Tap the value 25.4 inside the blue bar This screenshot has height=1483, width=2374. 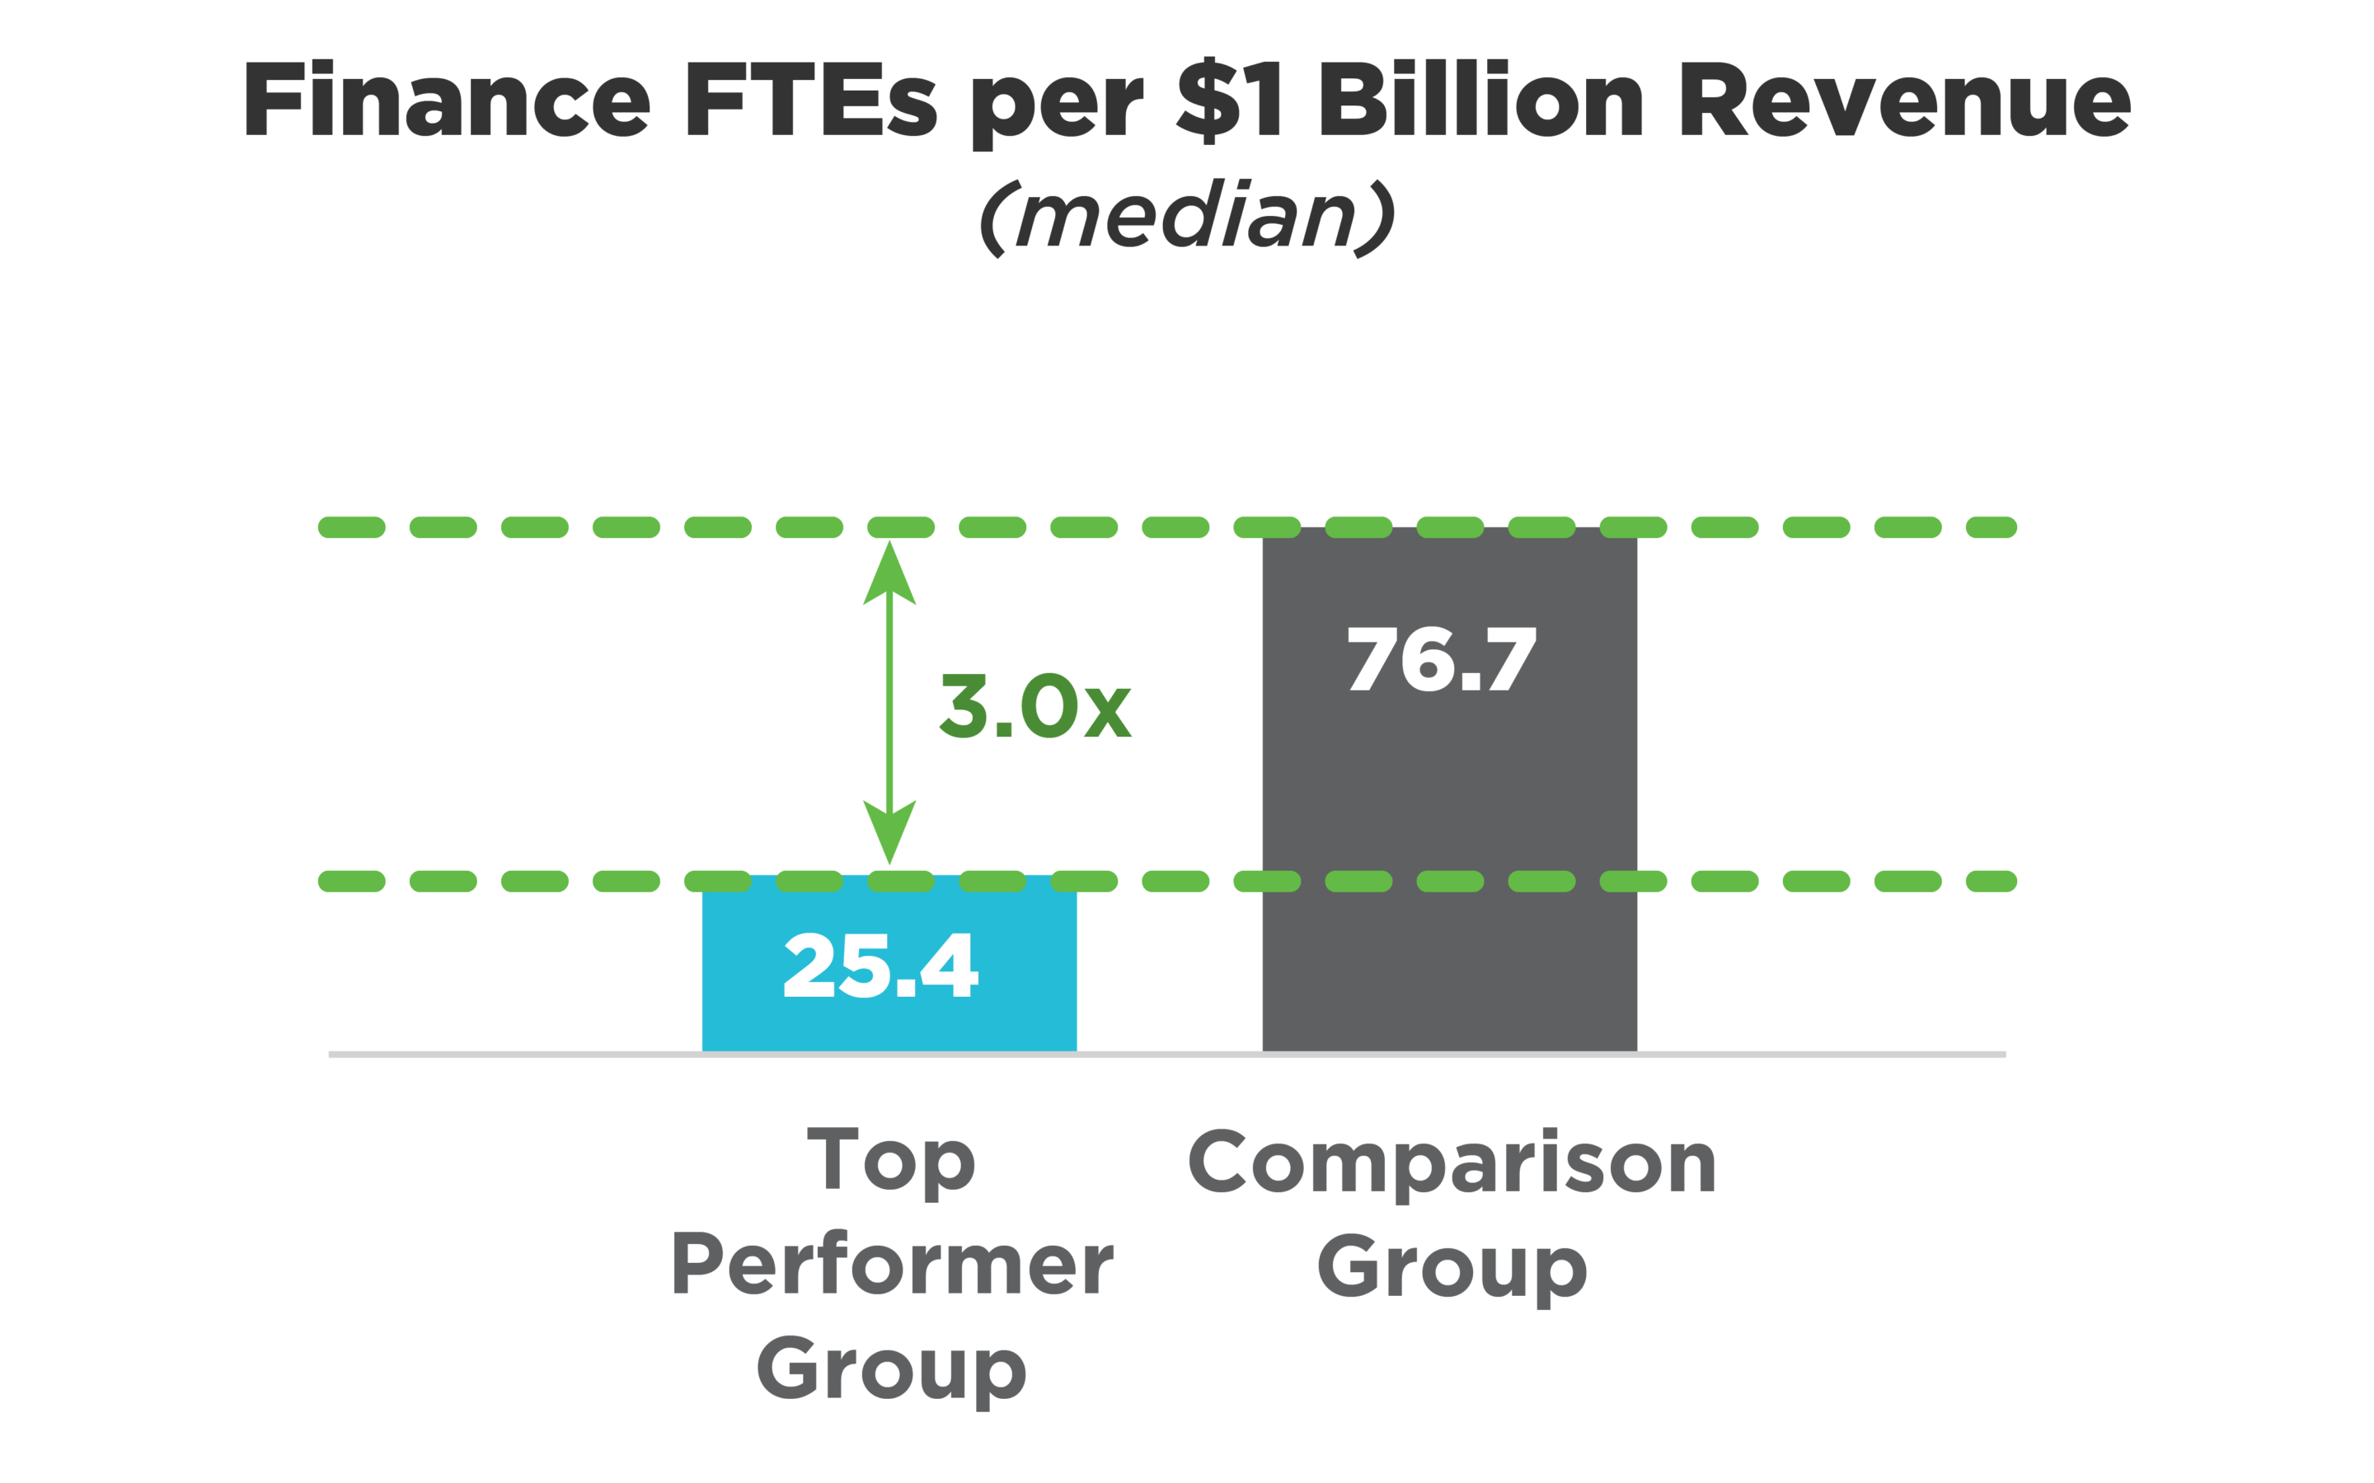[x=881, y=966]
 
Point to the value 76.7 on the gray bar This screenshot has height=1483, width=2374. [x=1441, y=659]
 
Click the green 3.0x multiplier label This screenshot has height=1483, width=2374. [x=1035, y=706]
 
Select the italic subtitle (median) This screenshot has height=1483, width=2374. [x=1187, y=218]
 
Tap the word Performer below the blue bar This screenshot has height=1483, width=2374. [x=892, y=1265]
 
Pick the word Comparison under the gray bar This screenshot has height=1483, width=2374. [x=1451, y=1164]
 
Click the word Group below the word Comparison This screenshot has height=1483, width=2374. [x=1451, y=1269]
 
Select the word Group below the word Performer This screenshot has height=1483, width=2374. [x=891, y=1370]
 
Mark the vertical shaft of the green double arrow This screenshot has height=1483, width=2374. [x=889, y=701]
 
